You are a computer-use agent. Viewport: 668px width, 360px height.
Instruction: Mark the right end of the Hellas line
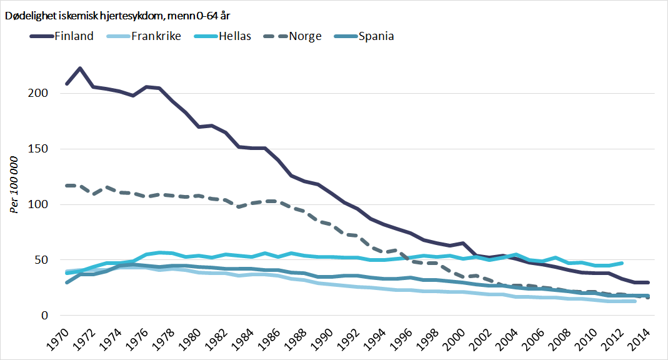tap(622, 263)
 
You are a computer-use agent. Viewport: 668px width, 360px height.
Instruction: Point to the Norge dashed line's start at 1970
tap(66, 186)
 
